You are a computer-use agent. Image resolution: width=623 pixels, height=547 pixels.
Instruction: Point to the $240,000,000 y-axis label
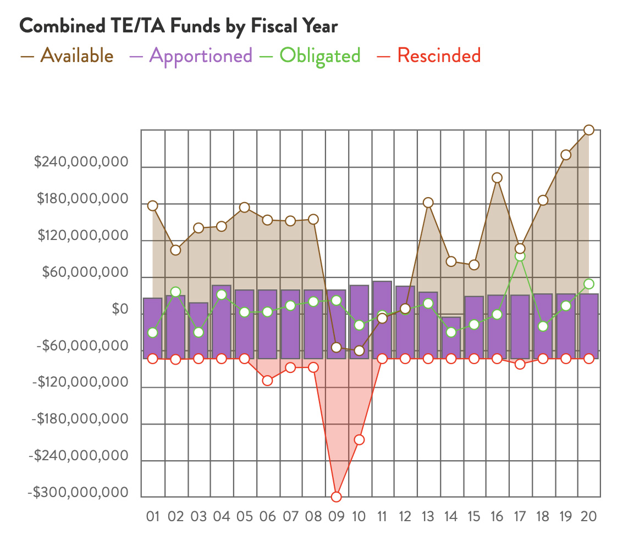(x=81, y=163)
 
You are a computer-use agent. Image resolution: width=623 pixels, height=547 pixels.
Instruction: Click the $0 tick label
(x=120, y=309)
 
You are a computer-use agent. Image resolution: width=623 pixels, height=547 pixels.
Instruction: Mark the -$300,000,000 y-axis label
(x=78, y=493)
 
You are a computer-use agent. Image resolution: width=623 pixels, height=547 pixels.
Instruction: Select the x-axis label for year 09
(x=336, y=516)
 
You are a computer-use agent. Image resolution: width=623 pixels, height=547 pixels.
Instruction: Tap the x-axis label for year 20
(x=588, y=516)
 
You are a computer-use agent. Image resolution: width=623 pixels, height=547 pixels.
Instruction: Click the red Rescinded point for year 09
(x=336, y=497)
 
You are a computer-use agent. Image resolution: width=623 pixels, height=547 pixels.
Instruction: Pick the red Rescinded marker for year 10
(x=359, y=439)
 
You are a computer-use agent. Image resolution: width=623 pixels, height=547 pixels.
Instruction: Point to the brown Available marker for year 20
(x=588, y=130)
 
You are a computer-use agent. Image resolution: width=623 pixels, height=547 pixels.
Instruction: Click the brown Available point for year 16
(x=497, y=177)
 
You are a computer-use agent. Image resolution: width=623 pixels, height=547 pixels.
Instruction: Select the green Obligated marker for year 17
(x=520, y=256)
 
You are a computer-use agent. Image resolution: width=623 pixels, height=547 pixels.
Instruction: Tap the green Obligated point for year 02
(x=175, y=292)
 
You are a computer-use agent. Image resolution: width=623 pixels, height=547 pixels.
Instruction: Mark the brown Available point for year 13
(x=428, y=203)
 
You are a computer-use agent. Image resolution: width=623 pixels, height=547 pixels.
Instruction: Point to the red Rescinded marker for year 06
(x=267, y=380)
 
